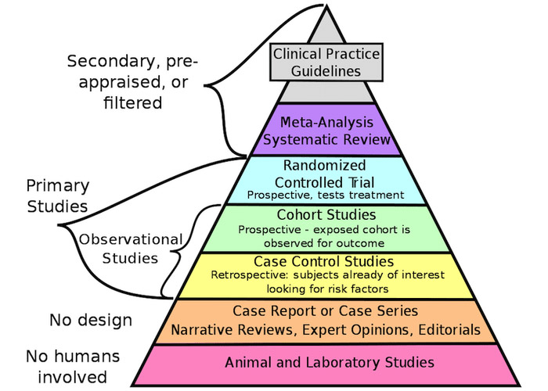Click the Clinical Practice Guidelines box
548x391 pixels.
[x=326, y=63]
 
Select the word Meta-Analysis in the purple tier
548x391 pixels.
[x=326, y=123]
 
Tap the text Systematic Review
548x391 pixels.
[x=326, y=140]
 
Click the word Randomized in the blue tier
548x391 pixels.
[x=325, y=166]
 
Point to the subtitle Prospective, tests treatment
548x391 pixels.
[x=326, y=195]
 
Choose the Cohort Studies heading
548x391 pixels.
[x=326, y=215]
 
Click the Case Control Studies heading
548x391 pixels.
[x=323, y=261]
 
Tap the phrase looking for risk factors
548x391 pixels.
[x=327, y=289]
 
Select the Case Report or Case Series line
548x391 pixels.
[x=326, y=311]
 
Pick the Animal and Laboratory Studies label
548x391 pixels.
[x=330, y=362]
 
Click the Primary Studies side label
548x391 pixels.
[x=58, y=195]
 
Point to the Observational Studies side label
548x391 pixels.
[x=131, y=249]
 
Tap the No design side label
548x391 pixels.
[x=91, y=320]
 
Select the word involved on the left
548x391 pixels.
[x=72, y=378]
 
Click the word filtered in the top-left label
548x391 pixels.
[x=133, y=103]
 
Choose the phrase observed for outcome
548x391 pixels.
[x=324, y=243]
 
